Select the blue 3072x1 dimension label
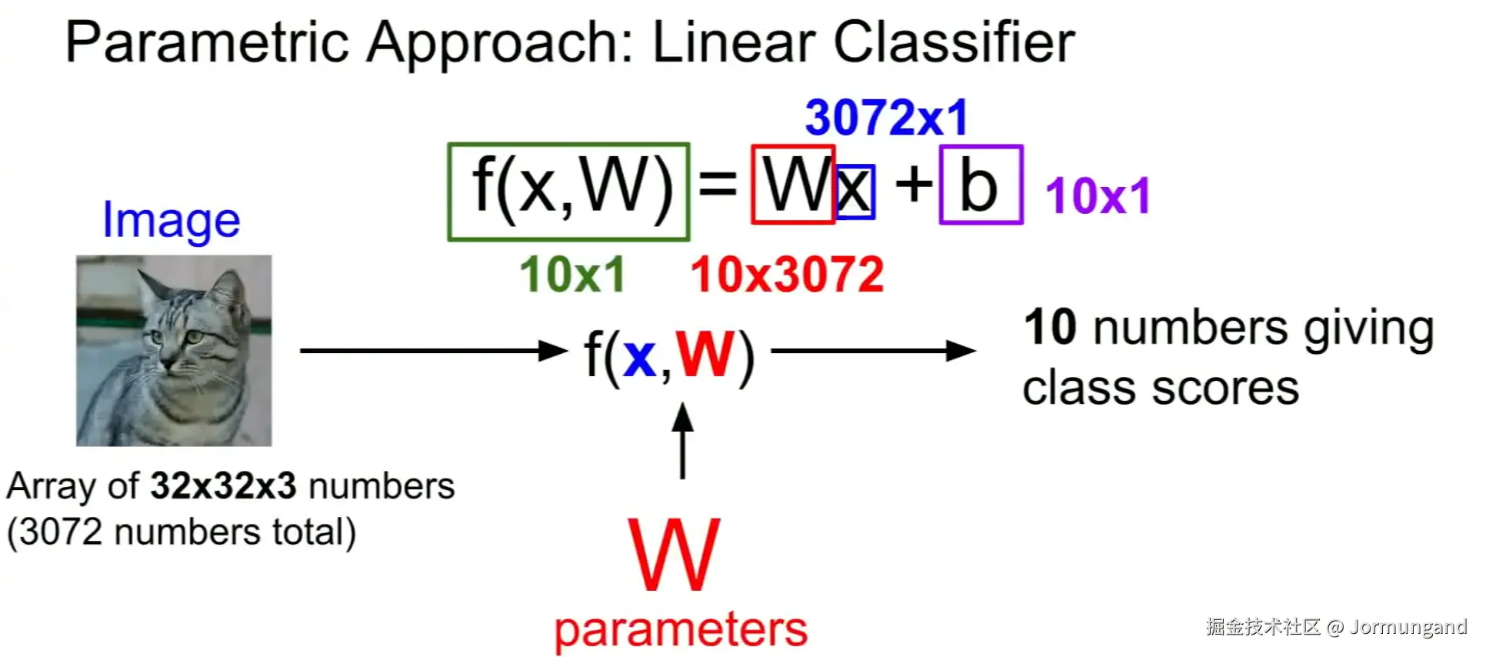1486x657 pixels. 886,118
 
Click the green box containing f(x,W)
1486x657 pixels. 568,192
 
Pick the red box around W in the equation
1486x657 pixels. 792,185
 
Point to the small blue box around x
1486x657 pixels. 855,192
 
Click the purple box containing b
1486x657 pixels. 981,185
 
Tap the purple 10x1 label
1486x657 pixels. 1098,195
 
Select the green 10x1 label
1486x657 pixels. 572,275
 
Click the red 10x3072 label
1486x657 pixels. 787,275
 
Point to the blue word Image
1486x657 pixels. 171,220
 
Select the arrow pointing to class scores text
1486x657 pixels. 873,351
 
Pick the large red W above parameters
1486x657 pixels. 675,554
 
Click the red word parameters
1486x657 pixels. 681,629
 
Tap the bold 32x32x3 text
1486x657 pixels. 223,486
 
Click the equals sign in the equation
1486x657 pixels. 718,185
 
